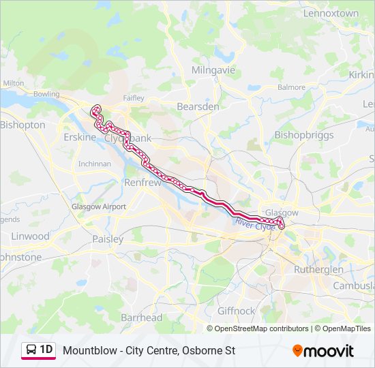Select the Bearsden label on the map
198,107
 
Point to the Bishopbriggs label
304,135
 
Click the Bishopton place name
22,125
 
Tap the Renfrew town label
142,183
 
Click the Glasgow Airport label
99,206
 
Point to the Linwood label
30,236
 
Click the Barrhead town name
141,318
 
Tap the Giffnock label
236,311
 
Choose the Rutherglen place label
318,269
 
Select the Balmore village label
292,87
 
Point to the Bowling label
46,93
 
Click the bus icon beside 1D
31,350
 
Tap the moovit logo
323,351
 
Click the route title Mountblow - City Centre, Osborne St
149,351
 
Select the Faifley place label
134,98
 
